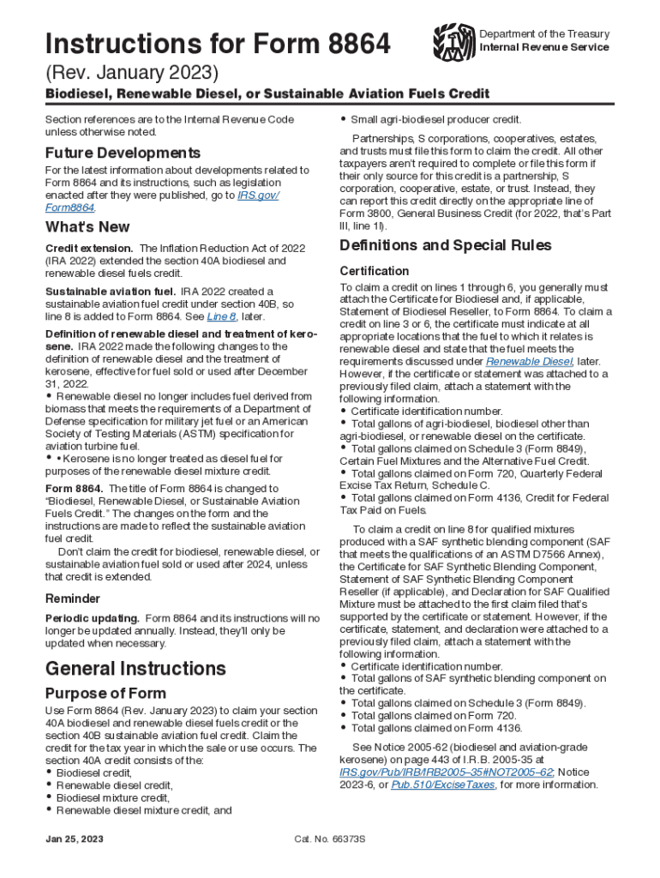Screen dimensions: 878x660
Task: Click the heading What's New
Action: (87, 227)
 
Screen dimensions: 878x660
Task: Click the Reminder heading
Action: (72, 598)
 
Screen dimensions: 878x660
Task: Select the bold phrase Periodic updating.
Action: (92, 618)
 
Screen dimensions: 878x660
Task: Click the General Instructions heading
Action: (135, 668)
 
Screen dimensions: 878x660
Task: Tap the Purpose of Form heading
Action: (105, 693)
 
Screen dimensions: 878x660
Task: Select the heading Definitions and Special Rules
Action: (446, 246)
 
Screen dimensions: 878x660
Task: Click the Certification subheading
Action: (375, 271)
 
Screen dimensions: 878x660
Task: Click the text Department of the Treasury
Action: (544, 34)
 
